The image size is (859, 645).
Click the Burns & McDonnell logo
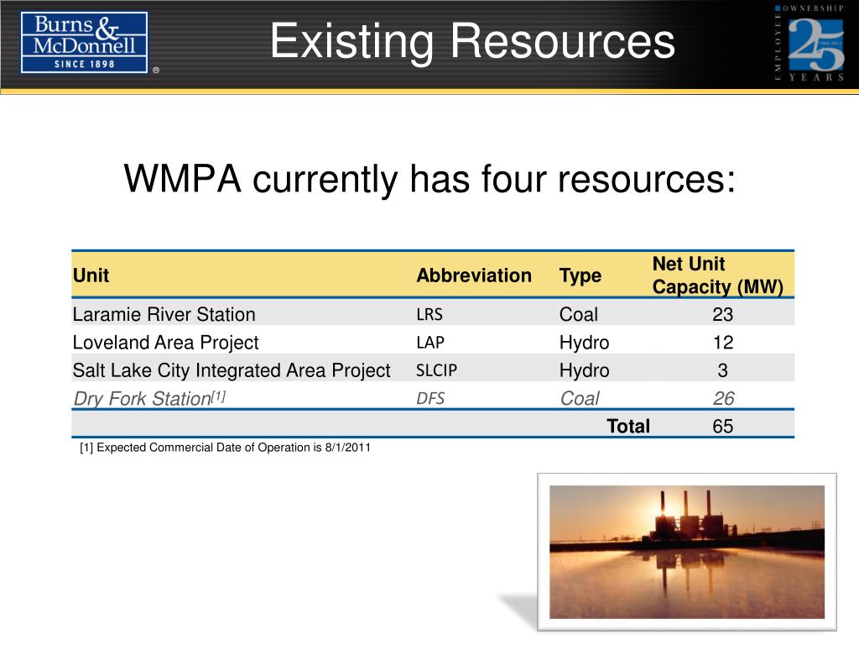click(x=84, y=42)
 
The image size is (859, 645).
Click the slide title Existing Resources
click(x=472, y=42)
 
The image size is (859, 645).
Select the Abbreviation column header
click(x=474, y=275)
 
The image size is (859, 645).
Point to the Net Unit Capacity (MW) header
click(x=717, y=275)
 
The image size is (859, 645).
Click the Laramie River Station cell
click(x=164, y=315)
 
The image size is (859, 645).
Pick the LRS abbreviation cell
click(x=429, y=315)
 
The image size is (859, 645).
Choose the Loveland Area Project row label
click(x=165, y=343)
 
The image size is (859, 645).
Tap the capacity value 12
click(x=722, y=343)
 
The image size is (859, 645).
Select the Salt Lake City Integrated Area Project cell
click(x=232, y=370)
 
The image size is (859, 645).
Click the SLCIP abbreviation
click(x=436, y=370)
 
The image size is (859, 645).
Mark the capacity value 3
click(x=722, y=370)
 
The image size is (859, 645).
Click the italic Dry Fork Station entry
click(x=143, y=398)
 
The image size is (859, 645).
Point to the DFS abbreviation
click(x=430, y=398)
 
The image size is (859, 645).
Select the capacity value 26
click(x=722, y=398)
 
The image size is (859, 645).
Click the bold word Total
click(x=628, y=427)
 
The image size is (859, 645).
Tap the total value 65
click(x=722, y=427)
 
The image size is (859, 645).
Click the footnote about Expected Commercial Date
click(x=225, y=448)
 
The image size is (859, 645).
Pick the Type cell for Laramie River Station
click(x=579, y=315)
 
